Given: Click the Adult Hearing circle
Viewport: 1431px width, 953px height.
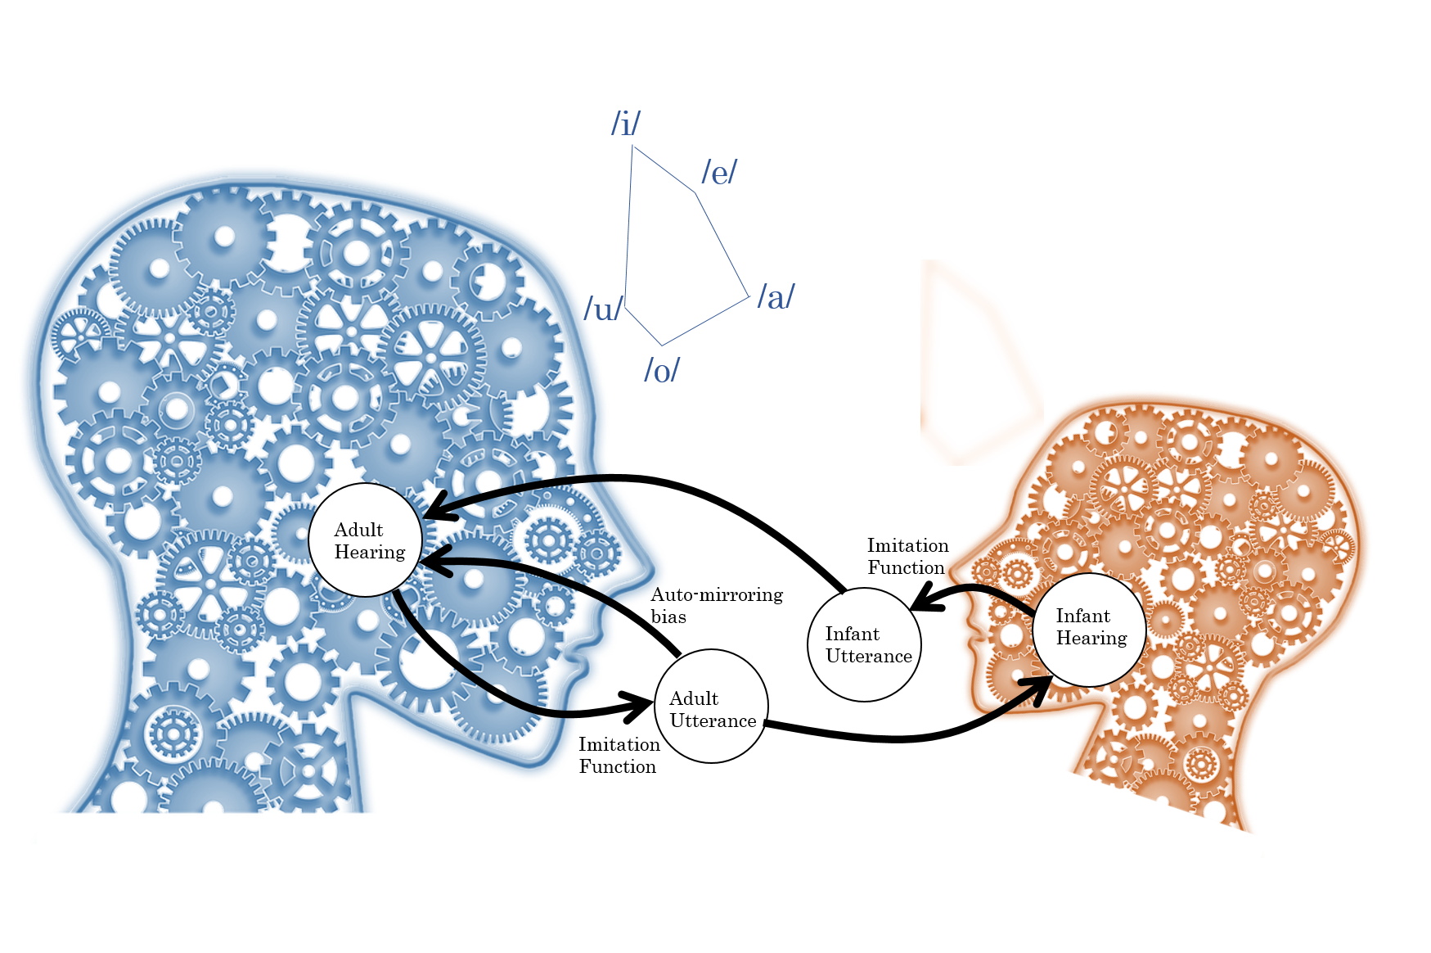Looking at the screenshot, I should (x=366, y=540).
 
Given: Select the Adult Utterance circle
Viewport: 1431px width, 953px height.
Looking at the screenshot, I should (x=712, y=706).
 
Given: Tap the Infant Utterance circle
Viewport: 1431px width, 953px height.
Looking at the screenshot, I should (x=865, y=644).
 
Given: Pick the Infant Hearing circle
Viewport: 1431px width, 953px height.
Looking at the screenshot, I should (x=1089, y=629).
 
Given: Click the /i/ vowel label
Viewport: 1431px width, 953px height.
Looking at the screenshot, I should (x=626, y=124).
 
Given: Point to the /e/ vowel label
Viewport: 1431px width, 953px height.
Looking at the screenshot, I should (x=719, y=173).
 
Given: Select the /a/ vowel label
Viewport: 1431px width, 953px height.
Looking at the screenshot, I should (x=776, y=296).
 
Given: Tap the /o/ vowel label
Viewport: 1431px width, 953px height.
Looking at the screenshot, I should (x=661, y=370).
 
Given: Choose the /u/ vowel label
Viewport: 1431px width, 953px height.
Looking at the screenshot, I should (x=603, y=309).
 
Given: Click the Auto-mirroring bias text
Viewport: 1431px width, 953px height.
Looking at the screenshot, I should (x=716, y=605).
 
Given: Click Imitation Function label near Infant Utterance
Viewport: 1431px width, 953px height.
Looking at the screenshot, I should (x=907, y=556).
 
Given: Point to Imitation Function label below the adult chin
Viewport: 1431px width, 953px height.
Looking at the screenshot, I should (x=619, y=755).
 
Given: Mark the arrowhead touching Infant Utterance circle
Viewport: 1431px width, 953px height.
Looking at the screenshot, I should (x=925, y=599).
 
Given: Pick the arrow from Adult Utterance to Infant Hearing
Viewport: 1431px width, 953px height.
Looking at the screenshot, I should (x=900, y=738).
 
